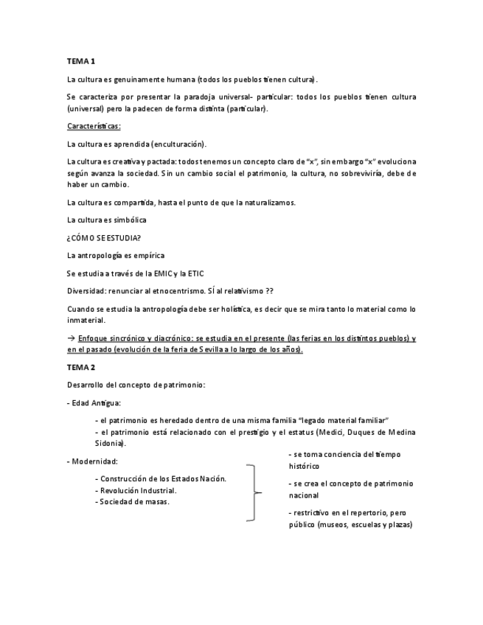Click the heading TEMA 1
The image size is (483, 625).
[81, 60]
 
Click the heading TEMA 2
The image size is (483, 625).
[81, 367]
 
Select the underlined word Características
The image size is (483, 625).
[94, 126]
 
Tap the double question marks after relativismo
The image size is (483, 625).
[271, 290]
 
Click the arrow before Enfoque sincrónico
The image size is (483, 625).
[70, 338]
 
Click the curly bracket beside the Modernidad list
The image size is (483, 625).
[254, 492]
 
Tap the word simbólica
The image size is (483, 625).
[128, 220]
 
